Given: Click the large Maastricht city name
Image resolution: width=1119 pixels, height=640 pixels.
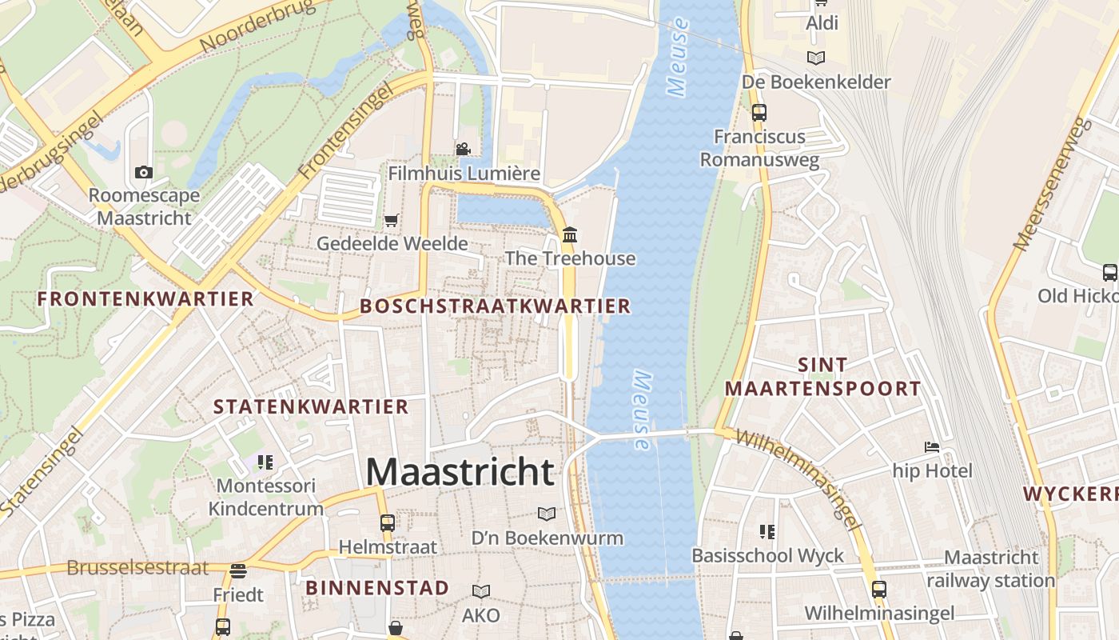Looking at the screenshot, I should click(460, 472).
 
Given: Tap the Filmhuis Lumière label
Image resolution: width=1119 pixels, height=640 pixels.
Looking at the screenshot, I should click(464, 174).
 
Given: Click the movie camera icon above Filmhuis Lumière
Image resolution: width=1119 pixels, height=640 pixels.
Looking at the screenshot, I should click(463, 149).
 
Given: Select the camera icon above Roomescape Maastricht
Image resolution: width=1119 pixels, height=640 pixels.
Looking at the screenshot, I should click(144, 172).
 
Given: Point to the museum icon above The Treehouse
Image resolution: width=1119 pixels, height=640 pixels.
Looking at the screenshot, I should click(570, 235).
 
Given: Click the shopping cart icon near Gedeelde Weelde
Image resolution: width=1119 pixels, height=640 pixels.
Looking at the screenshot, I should click(391, 220).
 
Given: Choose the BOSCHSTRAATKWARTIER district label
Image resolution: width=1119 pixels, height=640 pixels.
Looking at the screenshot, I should click(496, 306).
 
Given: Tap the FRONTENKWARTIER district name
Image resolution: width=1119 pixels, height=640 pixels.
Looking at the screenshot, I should click(145, 299).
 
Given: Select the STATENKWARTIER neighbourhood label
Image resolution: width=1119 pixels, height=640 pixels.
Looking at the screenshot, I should click(311, 406).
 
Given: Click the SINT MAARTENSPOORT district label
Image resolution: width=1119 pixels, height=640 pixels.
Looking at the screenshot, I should click(823, 377).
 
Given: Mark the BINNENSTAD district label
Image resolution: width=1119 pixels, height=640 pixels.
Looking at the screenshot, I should click(377, 588).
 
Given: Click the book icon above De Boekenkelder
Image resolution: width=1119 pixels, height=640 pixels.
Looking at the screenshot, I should click(815, 58).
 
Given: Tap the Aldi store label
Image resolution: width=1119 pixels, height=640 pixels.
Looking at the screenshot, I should click(822, 23).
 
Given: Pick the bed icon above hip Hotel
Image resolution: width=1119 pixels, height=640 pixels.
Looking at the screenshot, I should click(932, 446).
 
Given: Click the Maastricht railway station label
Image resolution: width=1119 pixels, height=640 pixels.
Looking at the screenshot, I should click(991, 569).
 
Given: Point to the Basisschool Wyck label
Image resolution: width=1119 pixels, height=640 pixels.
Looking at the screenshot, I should click(767, 555).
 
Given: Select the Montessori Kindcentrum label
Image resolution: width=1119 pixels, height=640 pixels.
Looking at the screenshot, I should click(266, 497).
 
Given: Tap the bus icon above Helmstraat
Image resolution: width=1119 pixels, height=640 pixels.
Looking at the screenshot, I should click(388, 522).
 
